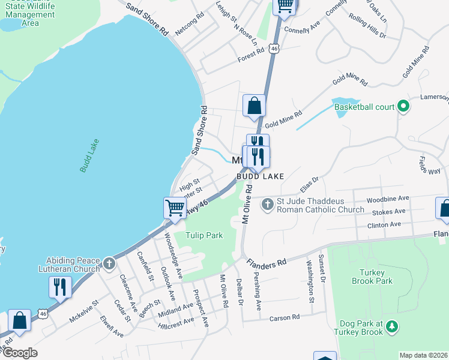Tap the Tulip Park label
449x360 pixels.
[203, 235]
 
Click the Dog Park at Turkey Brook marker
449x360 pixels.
[392, 326]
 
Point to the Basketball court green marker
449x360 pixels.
[403, 107]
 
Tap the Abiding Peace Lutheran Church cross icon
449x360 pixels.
[109, 263]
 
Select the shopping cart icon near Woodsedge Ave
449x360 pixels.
[175, 208]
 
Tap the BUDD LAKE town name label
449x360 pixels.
[259, 176]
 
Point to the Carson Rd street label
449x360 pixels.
[284, 317]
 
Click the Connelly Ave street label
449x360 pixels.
[303, 29]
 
